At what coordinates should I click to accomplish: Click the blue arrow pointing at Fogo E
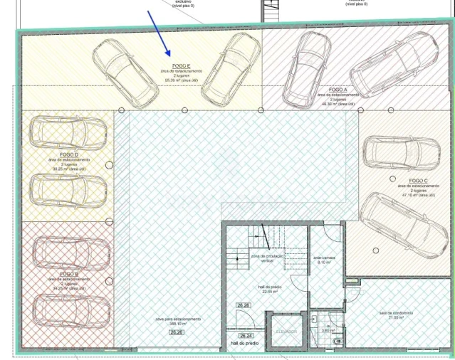[159, 34]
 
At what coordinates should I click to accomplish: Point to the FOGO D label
[69, 154]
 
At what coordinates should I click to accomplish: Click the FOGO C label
[418, 181]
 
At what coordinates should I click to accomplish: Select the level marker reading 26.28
[244, 305]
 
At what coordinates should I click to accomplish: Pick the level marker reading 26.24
[246, 336]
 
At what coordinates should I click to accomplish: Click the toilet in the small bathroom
[338, 342]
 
